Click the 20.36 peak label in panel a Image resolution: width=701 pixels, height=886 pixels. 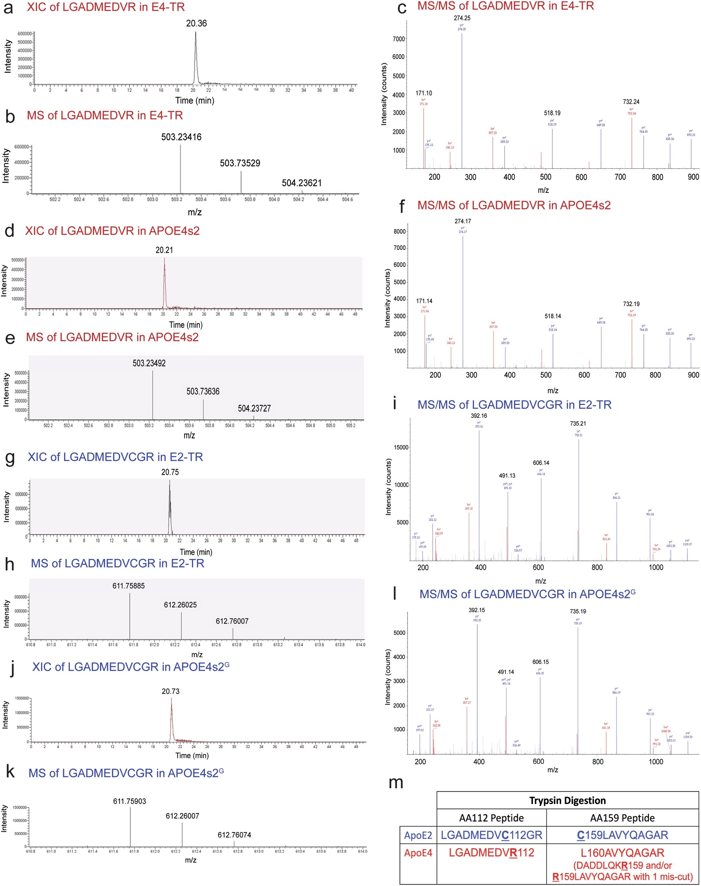[x=196, y=24]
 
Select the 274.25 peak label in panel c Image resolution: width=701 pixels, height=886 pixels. [x=462, y=18]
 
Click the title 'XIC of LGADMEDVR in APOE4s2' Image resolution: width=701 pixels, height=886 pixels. [x=112, y=231]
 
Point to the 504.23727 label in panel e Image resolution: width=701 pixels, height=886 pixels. [x=254, y=408]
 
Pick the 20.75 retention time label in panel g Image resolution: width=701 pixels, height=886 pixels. [x=170, y=472]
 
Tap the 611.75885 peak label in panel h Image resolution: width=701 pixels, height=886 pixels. [x=128, y=586]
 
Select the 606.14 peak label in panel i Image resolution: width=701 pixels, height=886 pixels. [x=541, y=463]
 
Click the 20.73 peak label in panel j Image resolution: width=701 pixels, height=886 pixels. [x=170, y=691]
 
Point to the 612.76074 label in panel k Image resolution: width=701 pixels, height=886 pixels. [x=234, y=835]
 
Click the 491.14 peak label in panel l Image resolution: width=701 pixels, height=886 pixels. [x=506, y=672]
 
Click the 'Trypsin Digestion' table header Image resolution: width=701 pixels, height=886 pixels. [x=567, y=801]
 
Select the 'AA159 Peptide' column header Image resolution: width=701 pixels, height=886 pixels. [x=622, y=818]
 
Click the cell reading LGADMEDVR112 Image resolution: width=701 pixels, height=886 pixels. [x=491, y=853]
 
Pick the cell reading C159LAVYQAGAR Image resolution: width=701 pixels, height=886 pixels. [x=622, y=835]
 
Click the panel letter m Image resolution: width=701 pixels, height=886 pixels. [x=396, y=782]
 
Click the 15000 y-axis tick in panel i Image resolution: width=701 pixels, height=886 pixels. [x=401, y=447]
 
